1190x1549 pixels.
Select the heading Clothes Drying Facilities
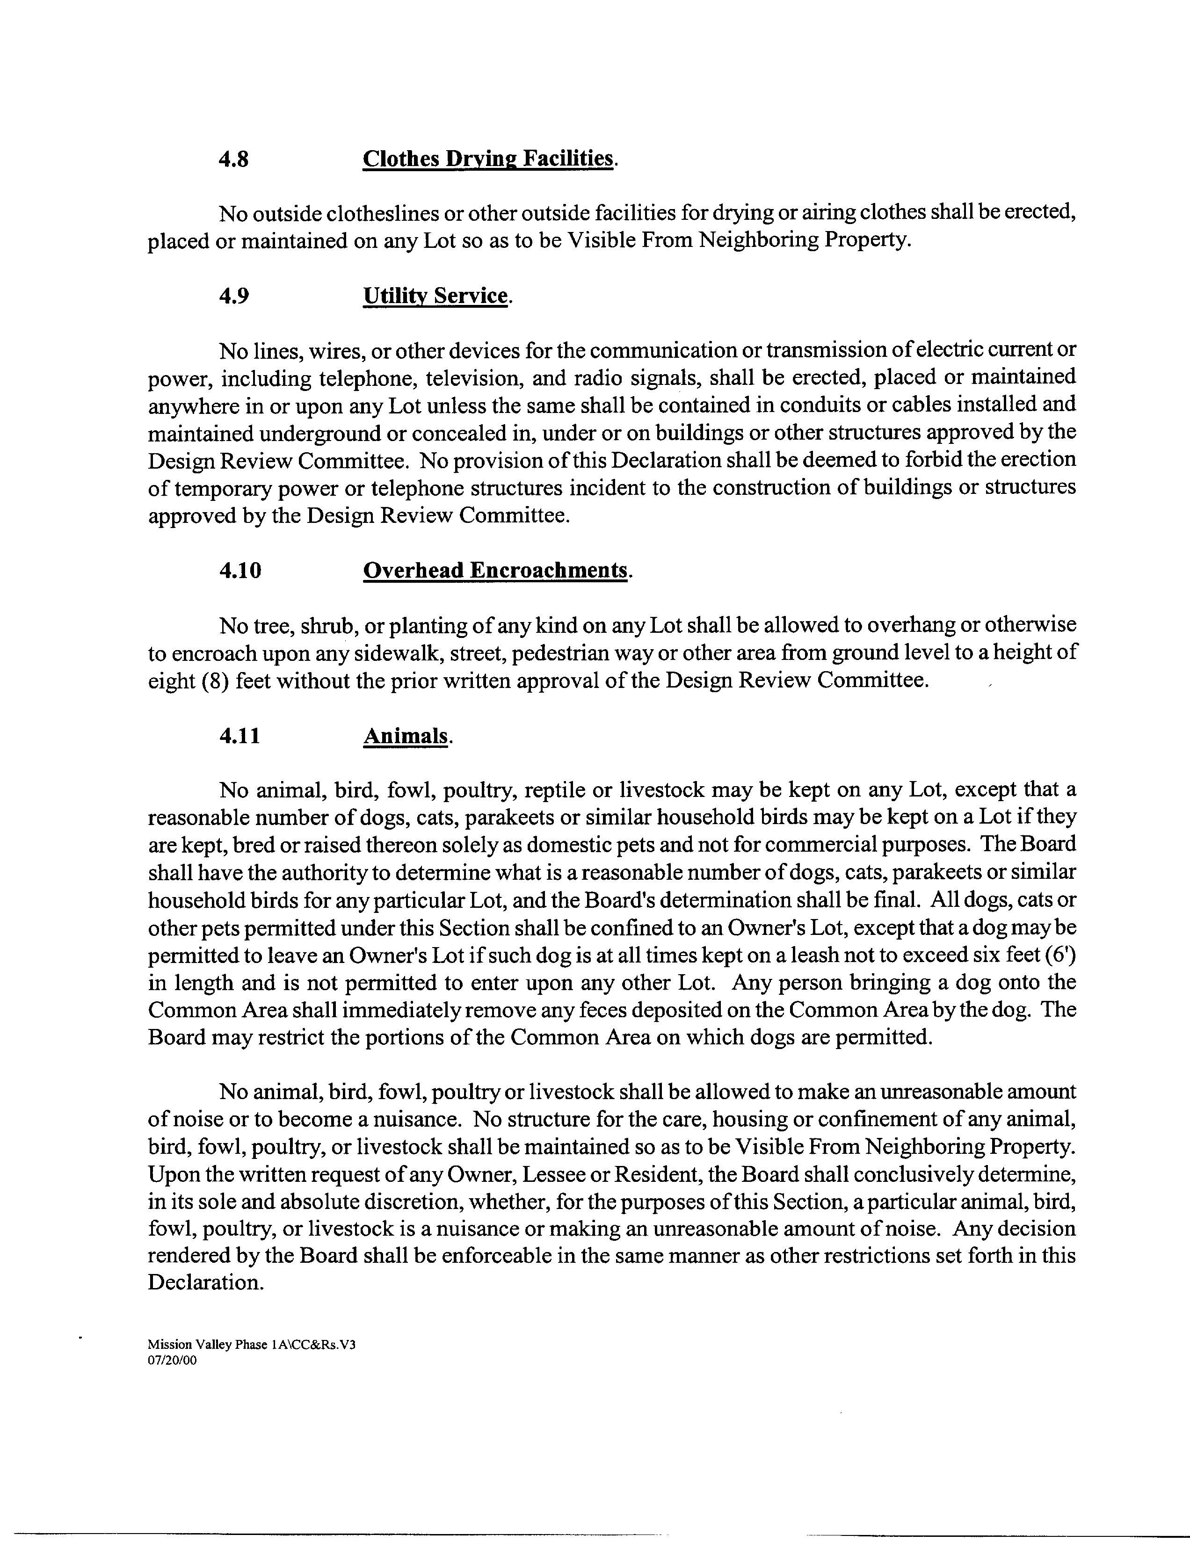tap(488, 159)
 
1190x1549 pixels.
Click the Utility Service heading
tap(435, 296)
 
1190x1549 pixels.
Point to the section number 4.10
tap(240, 570)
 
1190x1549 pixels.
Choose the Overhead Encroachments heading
tap(495, 570)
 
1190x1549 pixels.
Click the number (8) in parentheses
tap(214, 680)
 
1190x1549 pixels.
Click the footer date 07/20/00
tap(172, 1361)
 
